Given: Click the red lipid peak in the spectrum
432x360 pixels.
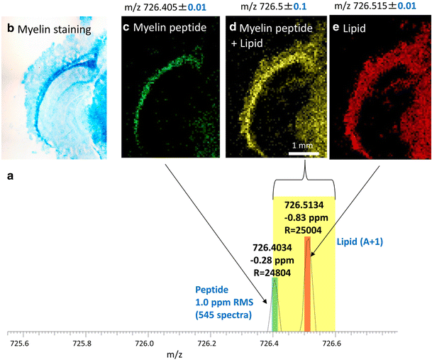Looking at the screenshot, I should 307,284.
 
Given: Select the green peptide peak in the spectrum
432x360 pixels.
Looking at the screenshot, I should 275,305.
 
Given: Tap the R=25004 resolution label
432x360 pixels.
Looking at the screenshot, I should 306,229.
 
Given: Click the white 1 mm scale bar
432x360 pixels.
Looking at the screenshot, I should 306,153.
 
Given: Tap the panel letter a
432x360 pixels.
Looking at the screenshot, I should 10,174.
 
